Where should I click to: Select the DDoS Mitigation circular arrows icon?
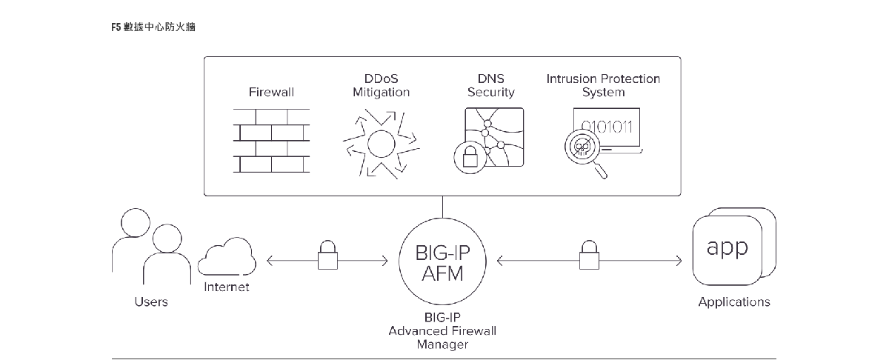[x=380, y=142]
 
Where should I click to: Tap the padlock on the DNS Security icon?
[x=469, y=158]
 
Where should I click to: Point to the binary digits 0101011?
[x=606, y=125]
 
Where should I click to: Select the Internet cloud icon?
[x=227, y=259]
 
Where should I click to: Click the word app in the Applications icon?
[x=727, y=247]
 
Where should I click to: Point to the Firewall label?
[x=271, y=93]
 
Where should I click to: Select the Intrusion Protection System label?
[x=603, y=85]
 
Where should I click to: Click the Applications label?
[x=733, y=302]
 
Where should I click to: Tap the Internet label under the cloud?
[x=227, y=287]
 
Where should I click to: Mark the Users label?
[x=151, y=302]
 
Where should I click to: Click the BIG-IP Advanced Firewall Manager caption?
[x=442, y=330]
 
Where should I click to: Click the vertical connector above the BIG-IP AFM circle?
[x=442, y=207]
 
